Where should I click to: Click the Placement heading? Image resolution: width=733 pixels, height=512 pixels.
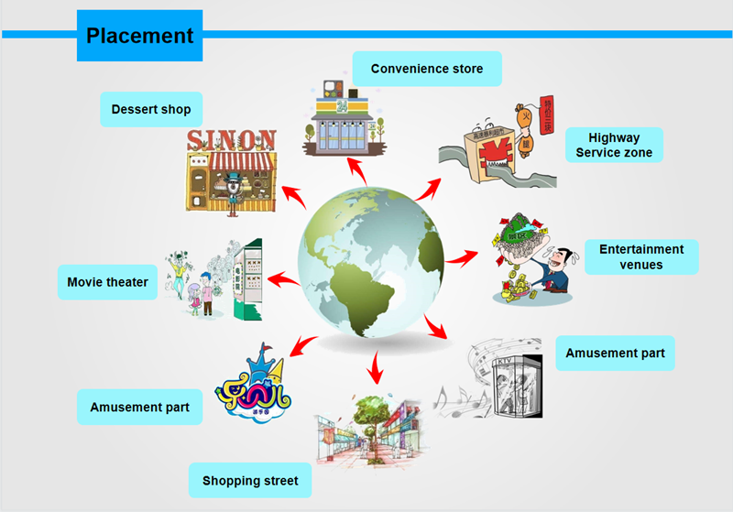tap(139, 36)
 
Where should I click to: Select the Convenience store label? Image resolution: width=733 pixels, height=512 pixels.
tap(426, 69)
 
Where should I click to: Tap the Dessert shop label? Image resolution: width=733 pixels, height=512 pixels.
tap(151, 109)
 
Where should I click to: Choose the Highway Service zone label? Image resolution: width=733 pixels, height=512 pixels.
tap(614, 145)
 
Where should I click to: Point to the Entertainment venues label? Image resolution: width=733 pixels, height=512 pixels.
tap(641, 256)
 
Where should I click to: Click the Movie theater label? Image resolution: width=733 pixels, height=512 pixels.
tap(107, 282)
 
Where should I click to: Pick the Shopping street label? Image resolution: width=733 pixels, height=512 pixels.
tap(250, 480)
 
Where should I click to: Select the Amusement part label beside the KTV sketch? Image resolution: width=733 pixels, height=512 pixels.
tap(615, 353)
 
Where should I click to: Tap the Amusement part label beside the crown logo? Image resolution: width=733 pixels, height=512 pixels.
tap(139, 406)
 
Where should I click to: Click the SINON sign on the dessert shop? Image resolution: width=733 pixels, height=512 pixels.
tap(231, 140)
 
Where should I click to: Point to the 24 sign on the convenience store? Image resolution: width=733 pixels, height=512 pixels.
tap(341, 103)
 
